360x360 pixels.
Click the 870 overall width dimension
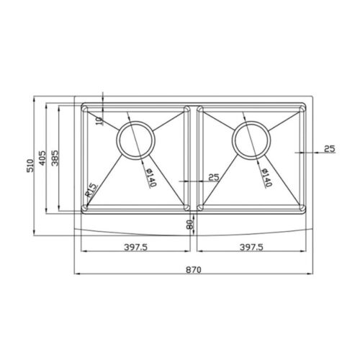(x=194, y=268)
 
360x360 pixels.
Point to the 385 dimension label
(x=55, y=158)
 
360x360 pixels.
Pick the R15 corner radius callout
(x=90, y=189)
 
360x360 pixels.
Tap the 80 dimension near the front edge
(x=189, y=225)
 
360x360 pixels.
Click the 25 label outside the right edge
(x=329, y=149)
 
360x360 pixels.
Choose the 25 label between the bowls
(x=213, y=176)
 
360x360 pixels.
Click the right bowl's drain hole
(x=251, y=138)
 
